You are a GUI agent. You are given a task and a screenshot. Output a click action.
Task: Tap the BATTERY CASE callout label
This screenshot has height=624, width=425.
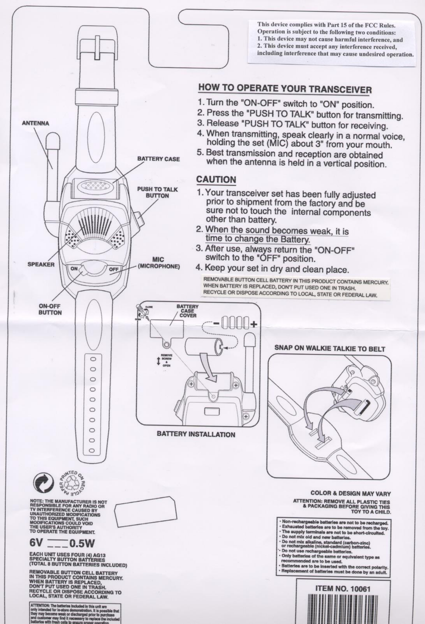point(158,159)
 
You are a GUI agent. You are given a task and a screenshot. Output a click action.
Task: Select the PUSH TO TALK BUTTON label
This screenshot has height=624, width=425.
point(157,192)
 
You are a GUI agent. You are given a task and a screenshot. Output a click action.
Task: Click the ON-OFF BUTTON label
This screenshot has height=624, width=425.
point(50,309)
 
